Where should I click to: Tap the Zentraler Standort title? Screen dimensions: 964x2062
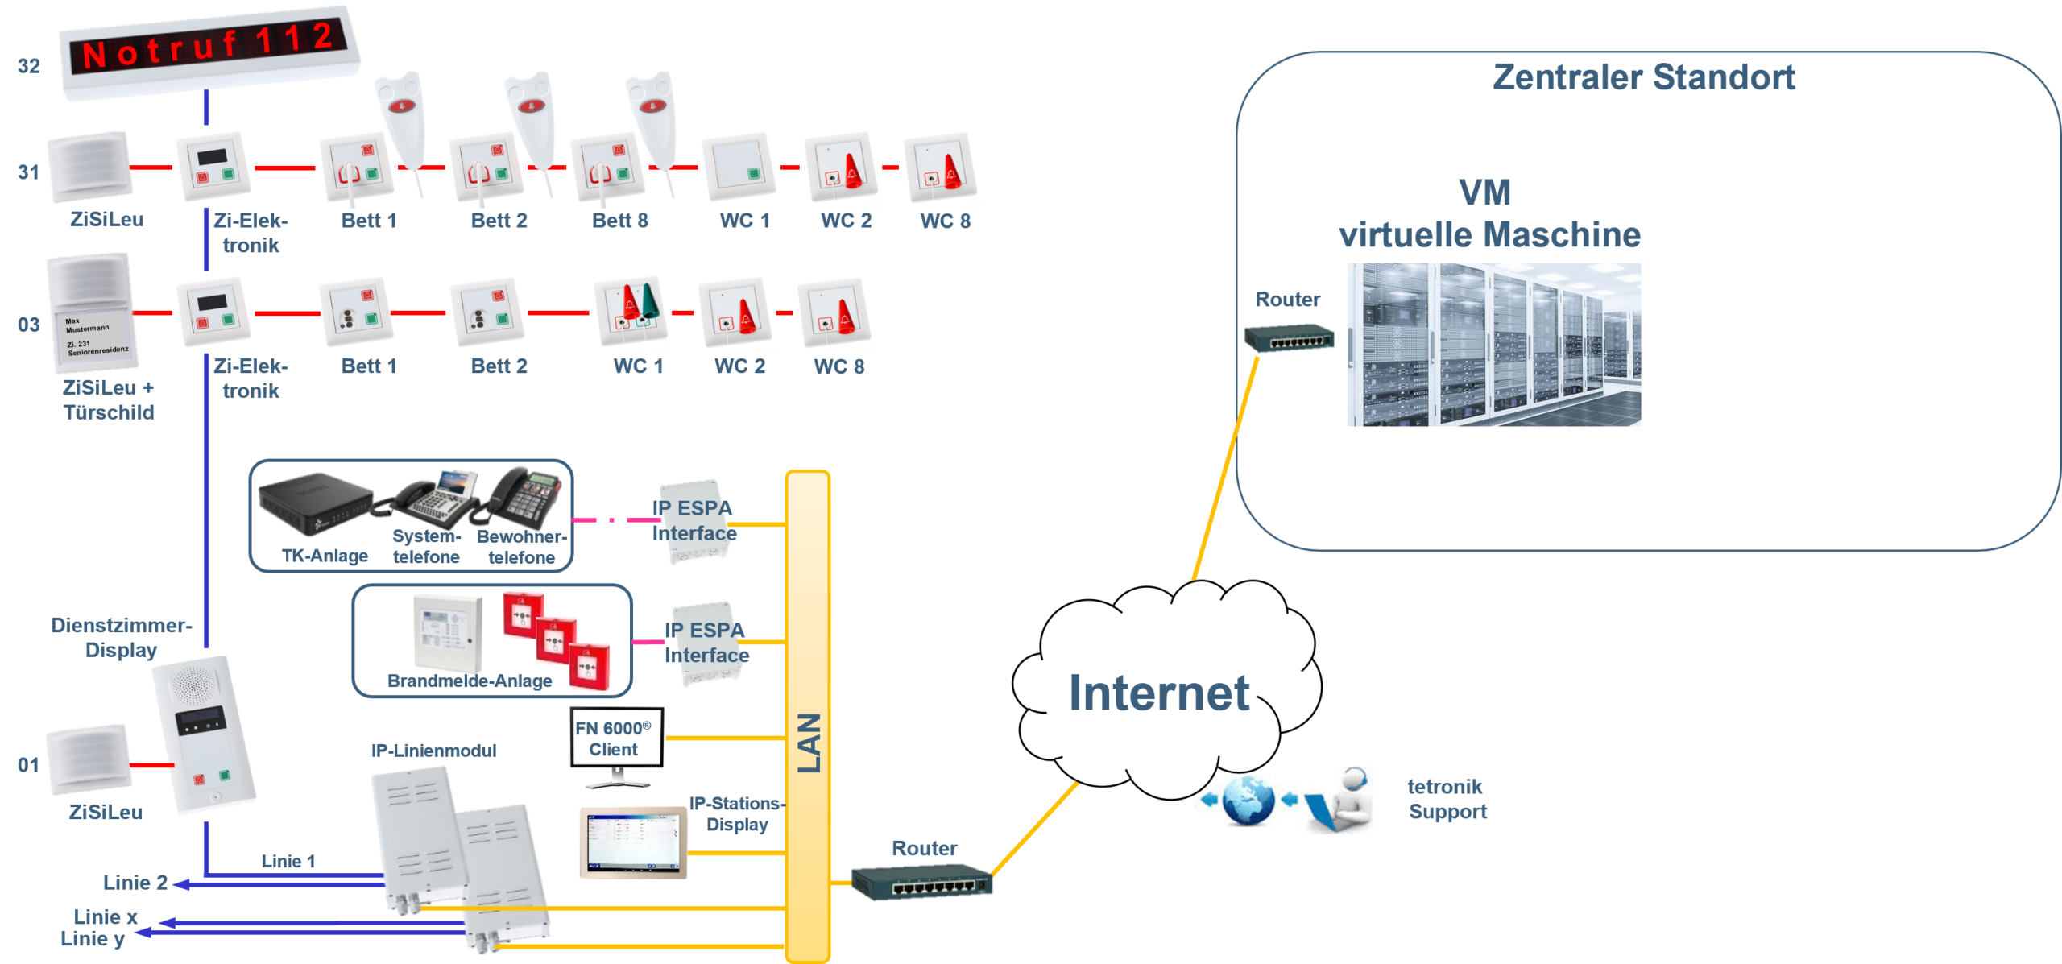tap(1643, 77)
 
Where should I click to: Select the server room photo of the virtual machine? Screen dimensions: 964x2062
tap(1494, 345)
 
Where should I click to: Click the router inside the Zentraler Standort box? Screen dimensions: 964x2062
tap(1289, 338)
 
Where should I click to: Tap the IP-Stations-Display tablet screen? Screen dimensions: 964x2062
tap(633, 842)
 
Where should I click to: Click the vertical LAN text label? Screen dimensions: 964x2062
tap(809, 743)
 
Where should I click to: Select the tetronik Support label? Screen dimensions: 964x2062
tap(1447, 799)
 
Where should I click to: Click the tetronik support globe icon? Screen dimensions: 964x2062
tap(1248, 801)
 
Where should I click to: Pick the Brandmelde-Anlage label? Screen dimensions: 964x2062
tap(470, 681)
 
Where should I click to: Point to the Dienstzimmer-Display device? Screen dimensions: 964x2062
tap(207, 734)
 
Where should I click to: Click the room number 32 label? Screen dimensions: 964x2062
tap(29, 66)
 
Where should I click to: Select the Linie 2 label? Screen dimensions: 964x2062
tap(135, 883)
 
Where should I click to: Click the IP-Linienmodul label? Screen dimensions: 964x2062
tap(433, 751)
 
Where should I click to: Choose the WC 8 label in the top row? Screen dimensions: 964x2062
tap(946, 221)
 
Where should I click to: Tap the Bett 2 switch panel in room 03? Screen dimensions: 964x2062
tap(487, 312)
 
